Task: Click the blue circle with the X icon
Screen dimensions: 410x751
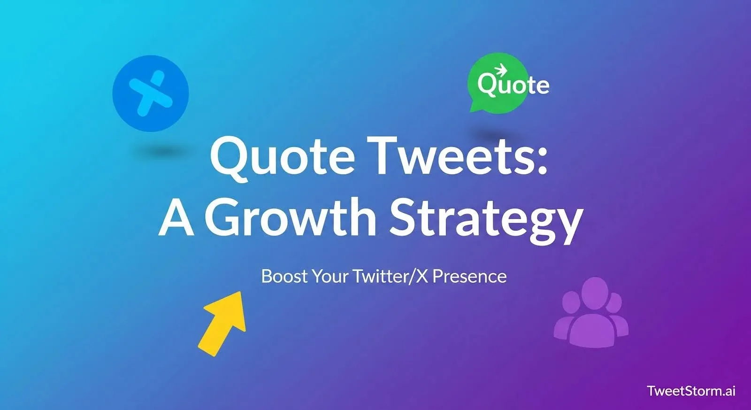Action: point(151,93)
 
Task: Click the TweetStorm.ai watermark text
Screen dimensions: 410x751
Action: point(691,391)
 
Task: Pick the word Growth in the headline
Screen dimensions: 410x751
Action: point(291,217)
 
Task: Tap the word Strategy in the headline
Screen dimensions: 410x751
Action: point(486,218)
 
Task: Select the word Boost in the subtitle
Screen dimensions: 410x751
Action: point(284,276)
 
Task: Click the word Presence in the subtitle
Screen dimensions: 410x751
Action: point(469,276)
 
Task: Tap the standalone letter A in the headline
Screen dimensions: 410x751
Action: point(176,217)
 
